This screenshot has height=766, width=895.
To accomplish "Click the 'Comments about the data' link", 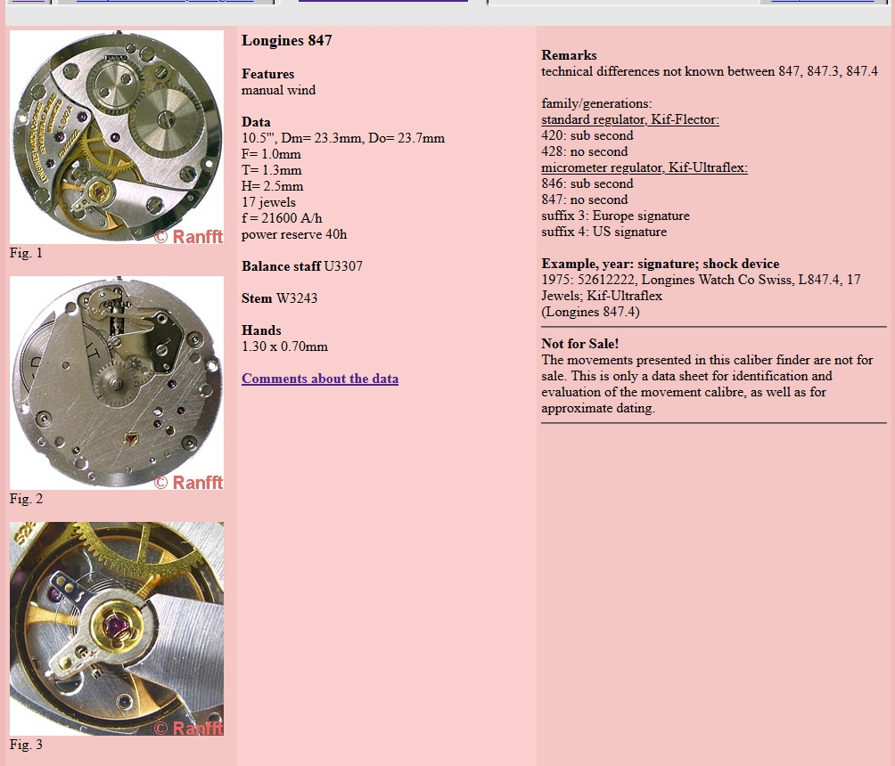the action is [x=320, y=379].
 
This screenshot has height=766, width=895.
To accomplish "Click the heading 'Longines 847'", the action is [x=286, y=40].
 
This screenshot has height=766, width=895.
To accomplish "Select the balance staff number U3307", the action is [x=343, y=266].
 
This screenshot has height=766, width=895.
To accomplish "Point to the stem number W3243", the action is [x=297, y=298].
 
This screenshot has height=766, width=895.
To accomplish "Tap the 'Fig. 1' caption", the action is [x=26, y=253].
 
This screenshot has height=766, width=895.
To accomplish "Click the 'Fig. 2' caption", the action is [x=26, y=499].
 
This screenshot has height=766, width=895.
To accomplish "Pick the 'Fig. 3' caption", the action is [x=26, y=745].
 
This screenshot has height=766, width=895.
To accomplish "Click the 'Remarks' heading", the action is [x=569, y=55].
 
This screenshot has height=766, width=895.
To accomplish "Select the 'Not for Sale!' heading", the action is [x=580, y=344].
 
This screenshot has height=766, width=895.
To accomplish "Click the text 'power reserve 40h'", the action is [x=294, y=234].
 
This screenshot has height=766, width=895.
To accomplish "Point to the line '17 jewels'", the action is [x=268, y=202].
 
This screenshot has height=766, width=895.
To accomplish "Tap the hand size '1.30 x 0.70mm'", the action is [x=284, y=346].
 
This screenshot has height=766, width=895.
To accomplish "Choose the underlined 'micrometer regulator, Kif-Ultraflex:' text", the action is [x=645, y=167].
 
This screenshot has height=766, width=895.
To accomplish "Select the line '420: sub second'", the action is [x=587, y=135].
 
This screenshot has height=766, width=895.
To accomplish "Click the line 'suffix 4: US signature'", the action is [x=604, y=232].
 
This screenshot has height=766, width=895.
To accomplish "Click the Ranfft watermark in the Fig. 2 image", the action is [x=188, y=483].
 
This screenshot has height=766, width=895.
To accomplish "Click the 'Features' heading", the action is [x=267, y=74].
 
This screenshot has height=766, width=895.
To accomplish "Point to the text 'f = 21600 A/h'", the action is [x=282, y=218].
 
